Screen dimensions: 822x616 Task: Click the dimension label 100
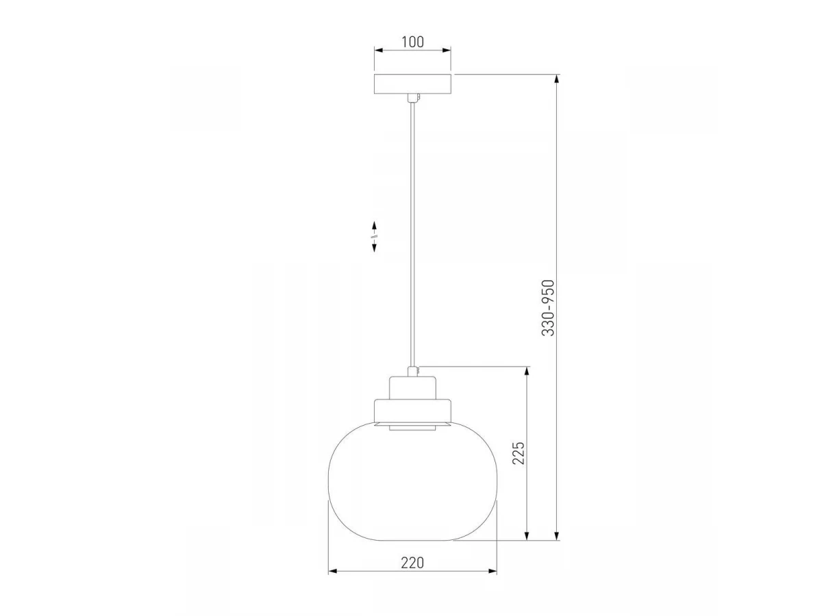pyautogui.click(x=412, y=42)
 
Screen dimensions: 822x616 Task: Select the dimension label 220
pyautogui.click(x=412, y=563)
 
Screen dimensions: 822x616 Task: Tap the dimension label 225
pyautogui.click(x=519, y=453)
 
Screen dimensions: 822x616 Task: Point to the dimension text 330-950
pyautogui.click(x=548, y=308)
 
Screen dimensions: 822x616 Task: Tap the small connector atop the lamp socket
pyautogui.click(x=412, y=372)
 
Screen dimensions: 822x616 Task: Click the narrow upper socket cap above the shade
pyautogui.click(x=412, y=388)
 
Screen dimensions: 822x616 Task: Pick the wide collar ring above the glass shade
pyautogui.click(x=412, y=411)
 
